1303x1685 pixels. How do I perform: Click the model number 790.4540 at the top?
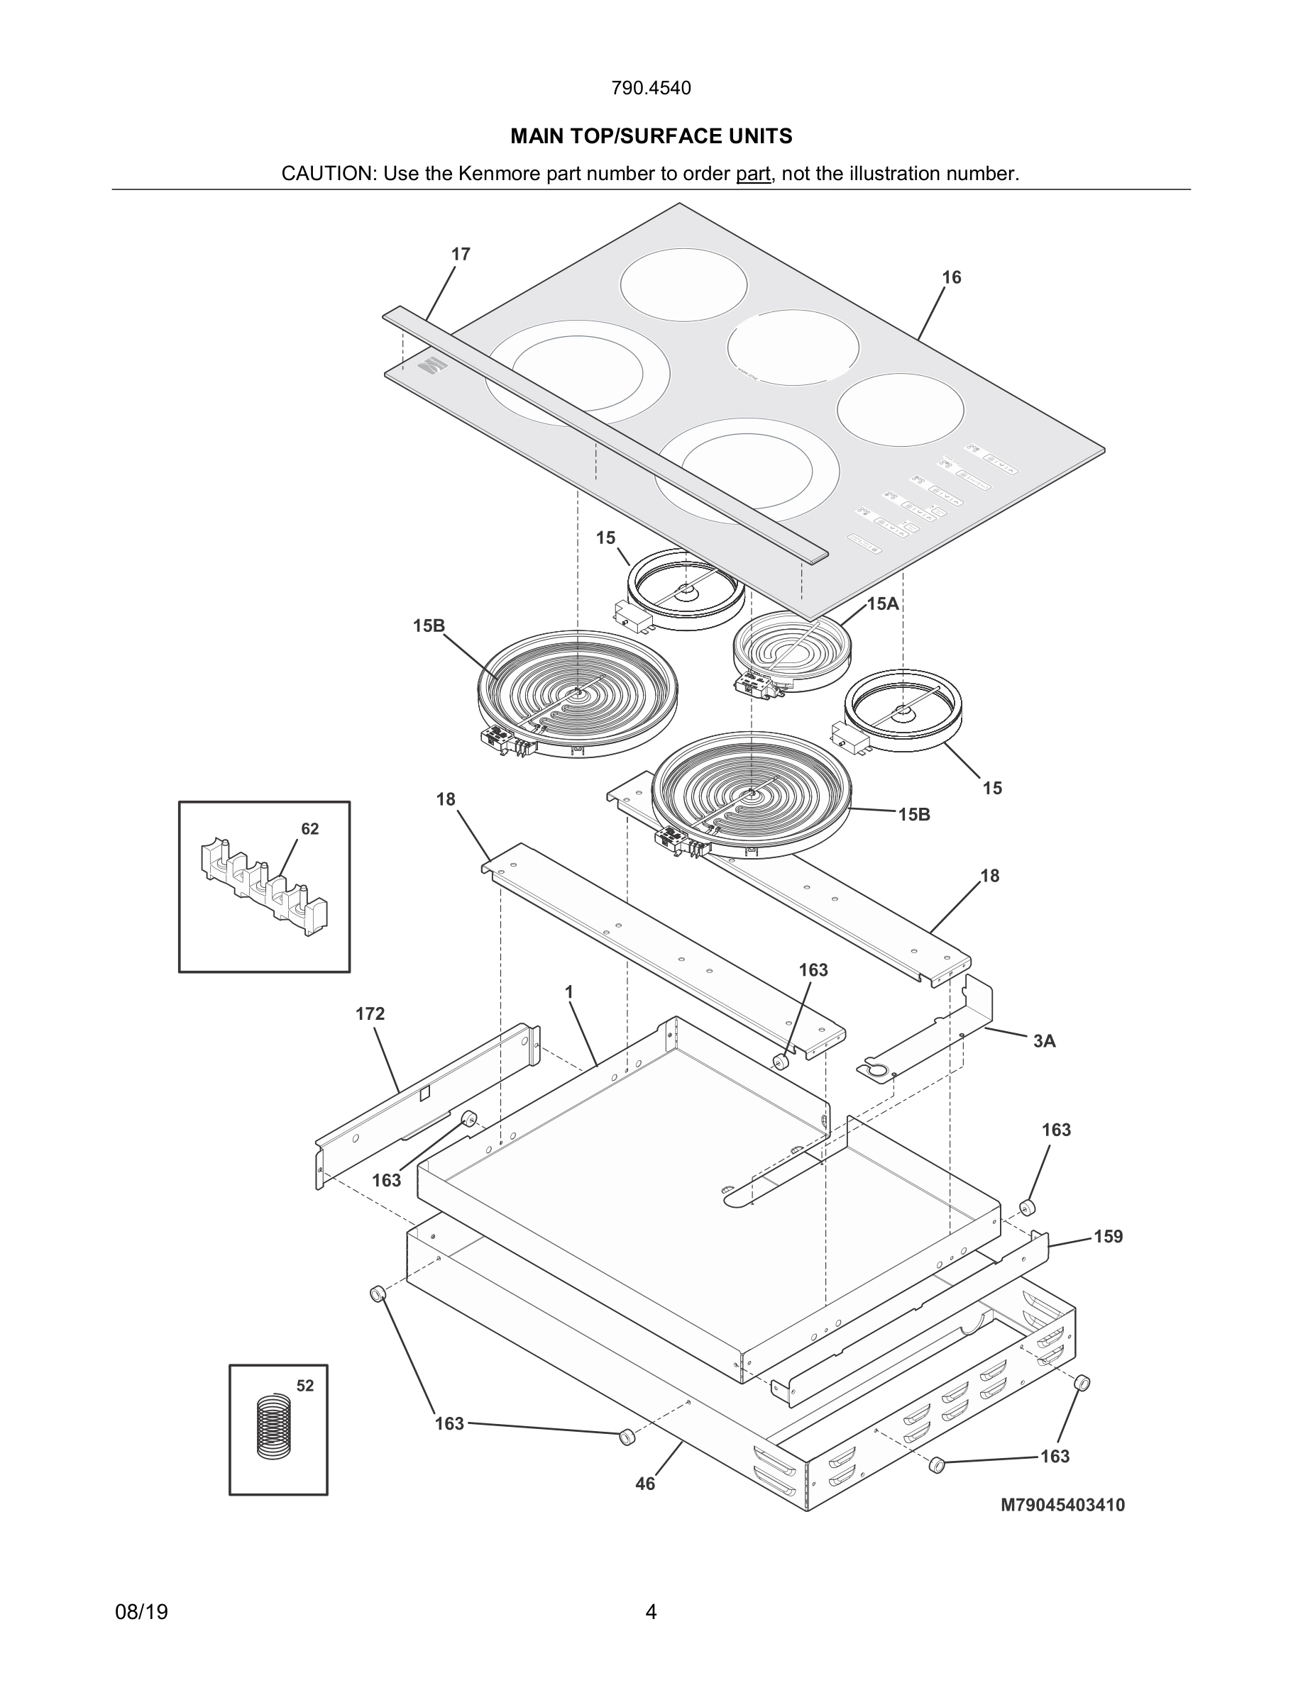pyautogui.click(x=651, y=88)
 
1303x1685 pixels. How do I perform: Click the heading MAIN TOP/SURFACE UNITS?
pyautogui.click(x=651, y=137)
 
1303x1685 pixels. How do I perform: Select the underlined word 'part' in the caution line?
pyautogui.click(x=752, y=174)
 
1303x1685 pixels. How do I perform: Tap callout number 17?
pyautogui.click(x=461, y=254)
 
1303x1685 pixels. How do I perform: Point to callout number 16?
pyautogui.click(x=952, y=277)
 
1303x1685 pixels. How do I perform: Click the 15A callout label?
pyautogui.click(x=883, y=604)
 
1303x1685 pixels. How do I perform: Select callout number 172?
pyautogui.click(x=370, y=1014)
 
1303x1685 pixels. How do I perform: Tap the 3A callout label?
pyautogui.click(x=1045, y=1042)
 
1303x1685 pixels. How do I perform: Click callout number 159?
pyautogui.click(x=1109, y=1237)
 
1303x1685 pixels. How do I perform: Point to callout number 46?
pyautogui.click(x=644, y=1484)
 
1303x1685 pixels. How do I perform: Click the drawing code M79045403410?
pyautogui.click(x=1062, y=1506)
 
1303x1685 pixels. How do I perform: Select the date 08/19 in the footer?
pyautogui.click(x=141, y=1613)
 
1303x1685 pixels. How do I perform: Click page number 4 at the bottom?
pyautogui.click(x=651, y=1613)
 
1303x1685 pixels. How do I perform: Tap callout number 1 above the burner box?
pyautogui.click(x=570, y=992)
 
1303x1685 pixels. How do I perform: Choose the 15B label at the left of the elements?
pyautogui.click(x=429, y=625)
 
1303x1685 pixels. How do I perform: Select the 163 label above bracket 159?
pyautogui.click(x=1056, y=1130)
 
